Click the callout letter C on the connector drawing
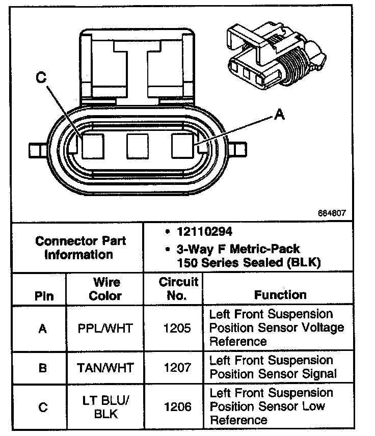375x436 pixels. pyautogui.click(x=41, y=78)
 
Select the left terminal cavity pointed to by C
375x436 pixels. pyautogui.click(x=93, y=146)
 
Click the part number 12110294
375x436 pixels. pyautogui.click(x=205, y=232)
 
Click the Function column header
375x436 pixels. pyautogui.click(x=280, y=295)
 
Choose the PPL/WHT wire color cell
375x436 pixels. pyautogui.click(x=105, y=328)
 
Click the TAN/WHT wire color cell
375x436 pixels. pyautogui.click(x=105, y=367)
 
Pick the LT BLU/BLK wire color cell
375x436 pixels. pyautogui.click(x=105, y=406)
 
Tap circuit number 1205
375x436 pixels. pyautogui.click(x=177, y=328)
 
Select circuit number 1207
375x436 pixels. pyautogui.click(x=177, y=367)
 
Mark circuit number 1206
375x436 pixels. pyautogui.click(x=177, y=406)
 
